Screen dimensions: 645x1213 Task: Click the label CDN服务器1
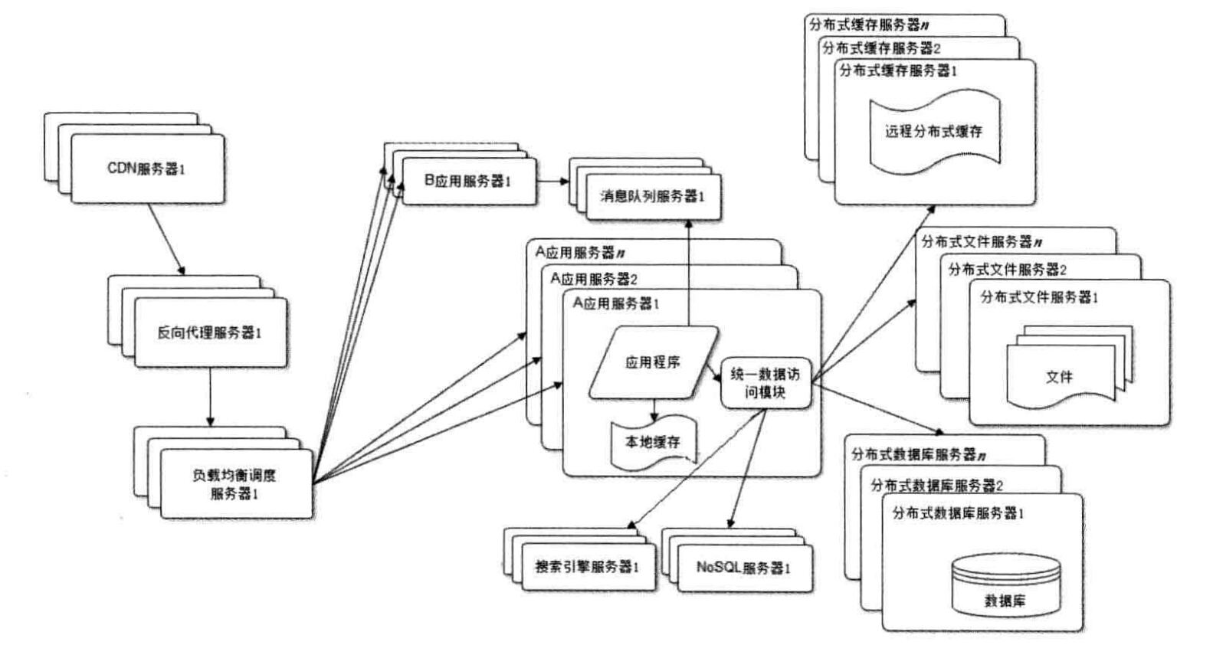tap(146, 169)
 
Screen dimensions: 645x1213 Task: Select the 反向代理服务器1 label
tap(209, 333)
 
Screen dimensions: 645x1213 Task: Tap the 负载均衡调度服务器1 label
tap(234, 484)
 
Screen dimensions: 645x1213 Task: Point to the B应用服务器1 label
tap(467, 181)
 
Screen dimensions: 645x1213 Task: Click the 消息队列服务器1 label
tap(651, 197)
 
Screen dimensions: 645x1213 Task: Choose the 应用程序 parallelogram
tap(653, 362)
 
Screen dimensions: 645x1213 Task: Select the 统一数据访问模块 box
tap(765, 383)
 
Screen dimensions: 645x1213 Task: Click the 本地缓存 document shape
tap(653, 443)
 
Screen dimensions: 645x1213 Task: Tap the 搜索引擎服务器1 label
tap(587, 567)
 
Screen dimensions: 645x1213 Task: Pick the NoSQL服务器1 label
tap(743, 568)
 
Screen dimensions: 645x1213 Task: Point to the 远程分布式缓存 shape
tap(933, 131)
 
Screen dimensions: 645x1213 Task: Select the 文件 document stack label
tap(1059, 377)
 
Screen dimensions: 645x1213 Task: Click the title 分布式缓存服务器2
tap(881, 47)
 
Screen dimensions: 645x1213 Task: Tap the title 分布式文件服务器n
tap(982, 242)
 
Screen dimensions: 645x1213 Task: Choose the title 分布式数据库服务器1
tap(958, 513)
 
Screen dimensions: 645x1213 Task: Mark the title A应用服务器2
tap(594, 279)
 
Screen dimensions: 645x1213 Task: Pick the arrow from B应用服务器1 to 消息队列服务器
tap(552, 182)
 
